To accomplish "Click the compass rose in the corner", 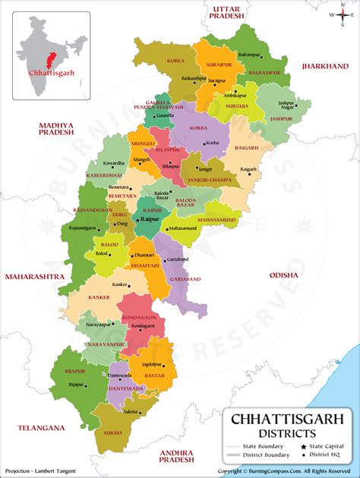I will pyautogui.click(x=343, y=14).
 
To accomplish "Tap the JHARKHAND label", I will pyautogui.click(x=324, y=67).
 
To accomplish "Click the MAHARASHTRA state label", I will pyautogui.click(x=34, y=278).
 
